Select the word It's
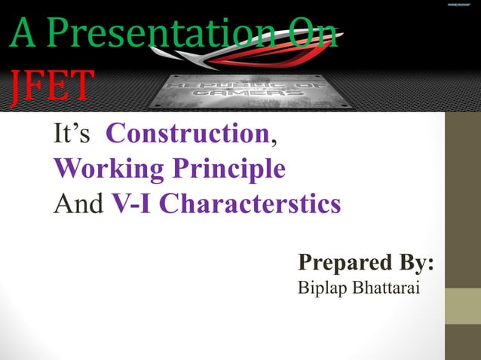(x=72, y=136)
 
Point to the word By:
(x=417, y=263)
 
